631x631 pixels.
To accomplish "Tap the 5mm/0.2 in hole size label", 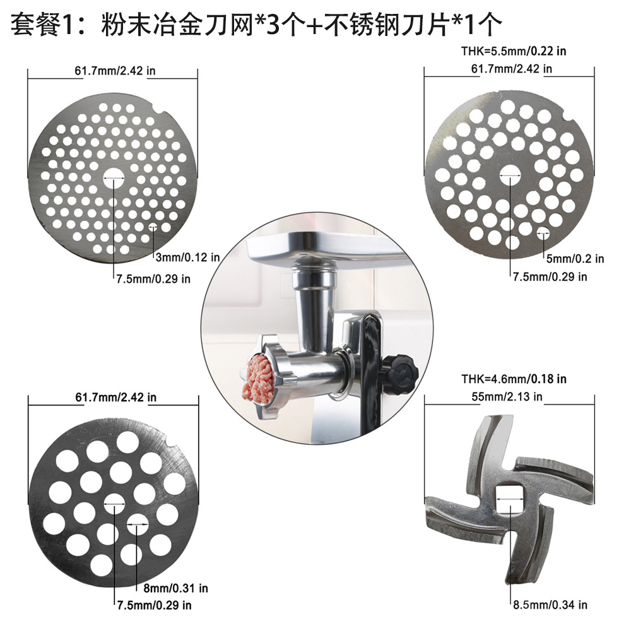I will [x=574, y=258].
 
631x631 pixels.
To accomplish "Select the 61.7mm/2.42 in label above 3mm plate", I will [x=114, y=70].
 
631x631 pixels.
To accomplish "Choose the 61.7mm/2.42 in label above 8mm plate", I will [x=115, y=398].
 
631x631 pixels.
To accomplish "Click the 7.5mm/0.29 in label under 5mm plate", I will [x=549, y=276].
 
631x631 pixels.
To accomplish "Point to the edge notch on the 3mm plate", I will [x=157, y=114].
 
